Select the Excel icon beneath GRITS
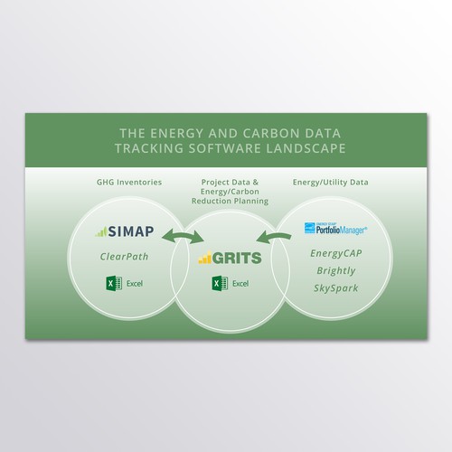tap(218, 284)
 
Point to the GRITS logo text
tap(235, 259)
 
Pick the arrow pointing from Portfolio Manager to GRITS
tap(268, 239)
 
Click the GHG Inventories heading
tap(130, 183)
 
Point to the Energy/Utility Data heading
tap(325, 183)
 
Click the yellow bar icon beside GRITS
tap(204, 259)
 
